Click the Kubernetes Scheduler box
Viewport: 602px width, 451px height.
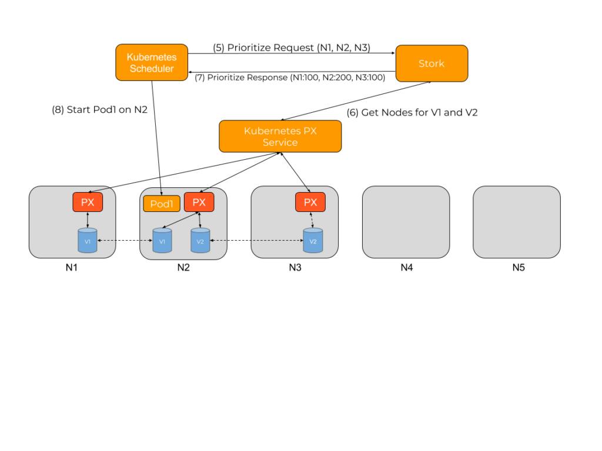click(152, 62)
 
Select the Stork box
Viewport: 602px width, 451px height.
click(432, 63)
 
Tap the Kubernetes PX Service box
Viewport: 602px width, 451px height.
click(280, 136)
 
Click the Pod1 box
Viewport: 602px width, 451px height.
click(162, 204)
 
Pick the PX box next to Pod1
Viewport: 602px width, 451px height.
click(199, 202)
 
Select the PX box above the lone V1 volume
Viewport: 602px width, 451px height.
click(88, 202)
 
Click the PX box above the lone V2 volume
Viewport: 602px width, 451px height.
click(310, 202)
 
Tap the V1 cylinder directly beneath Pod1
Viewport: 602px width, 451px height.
click(162, 241)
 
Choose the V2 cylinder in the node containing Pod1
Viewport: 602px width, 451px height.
click(200, 241)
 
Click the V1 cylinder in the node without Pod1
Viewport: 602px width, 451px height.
click(88, 241)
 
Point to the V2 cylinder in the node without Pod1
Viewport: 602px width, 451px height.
click(313, 241)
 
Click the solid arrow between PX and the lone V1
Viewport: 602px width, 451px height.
click(88, 220)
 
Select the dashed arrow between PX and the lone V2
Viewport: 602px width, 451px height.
click(312, 220)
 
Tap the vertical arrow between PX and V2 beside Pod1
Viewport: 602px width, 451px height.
click(200, 220)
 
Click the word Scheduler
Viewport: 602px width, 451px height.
click(152, 69)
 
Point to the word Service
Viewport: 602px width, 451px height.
click(280, 143)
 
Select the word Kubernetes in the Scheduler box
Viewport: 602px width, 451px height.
click(152, 58)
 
